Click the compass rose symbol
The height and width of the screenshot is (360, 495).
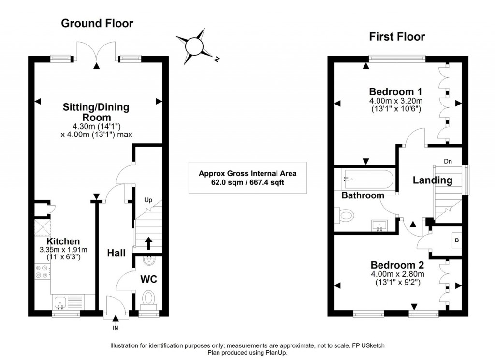coord(196,46)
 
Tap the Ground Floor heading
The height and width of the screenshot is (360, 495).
coord(97,23)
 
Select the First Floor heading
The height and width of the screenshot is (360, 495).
coord(397,36)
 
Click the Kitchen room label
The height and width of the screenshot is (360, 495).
coord(63,241)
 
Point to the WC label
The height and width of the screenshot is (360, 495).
coord(148,279)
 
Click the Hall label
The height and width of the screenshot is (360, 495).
coord(116,253)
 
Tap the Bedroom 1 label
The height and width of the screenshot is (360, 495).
coord(396,91)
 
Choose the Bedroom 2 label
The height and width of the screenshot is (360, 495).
coord(397,265)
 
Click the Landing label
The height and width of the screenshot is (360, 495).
coord(432,180)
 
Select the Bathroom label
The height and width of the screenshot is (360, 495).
coord(363,195)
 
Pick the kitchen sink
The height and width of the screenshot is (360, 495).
coord(60,302)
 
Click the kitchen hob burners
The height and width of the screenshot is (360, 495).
coord(41,271)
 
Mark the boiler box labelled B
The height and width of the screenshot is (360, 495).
coord(456,240)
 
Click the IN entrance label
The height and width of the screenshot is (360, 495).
coord(116,327)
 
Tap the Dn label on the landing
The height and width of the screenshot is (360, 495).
coord(449,161)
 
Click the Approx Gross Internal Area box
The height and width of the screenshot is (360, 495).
coord(247,178)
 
